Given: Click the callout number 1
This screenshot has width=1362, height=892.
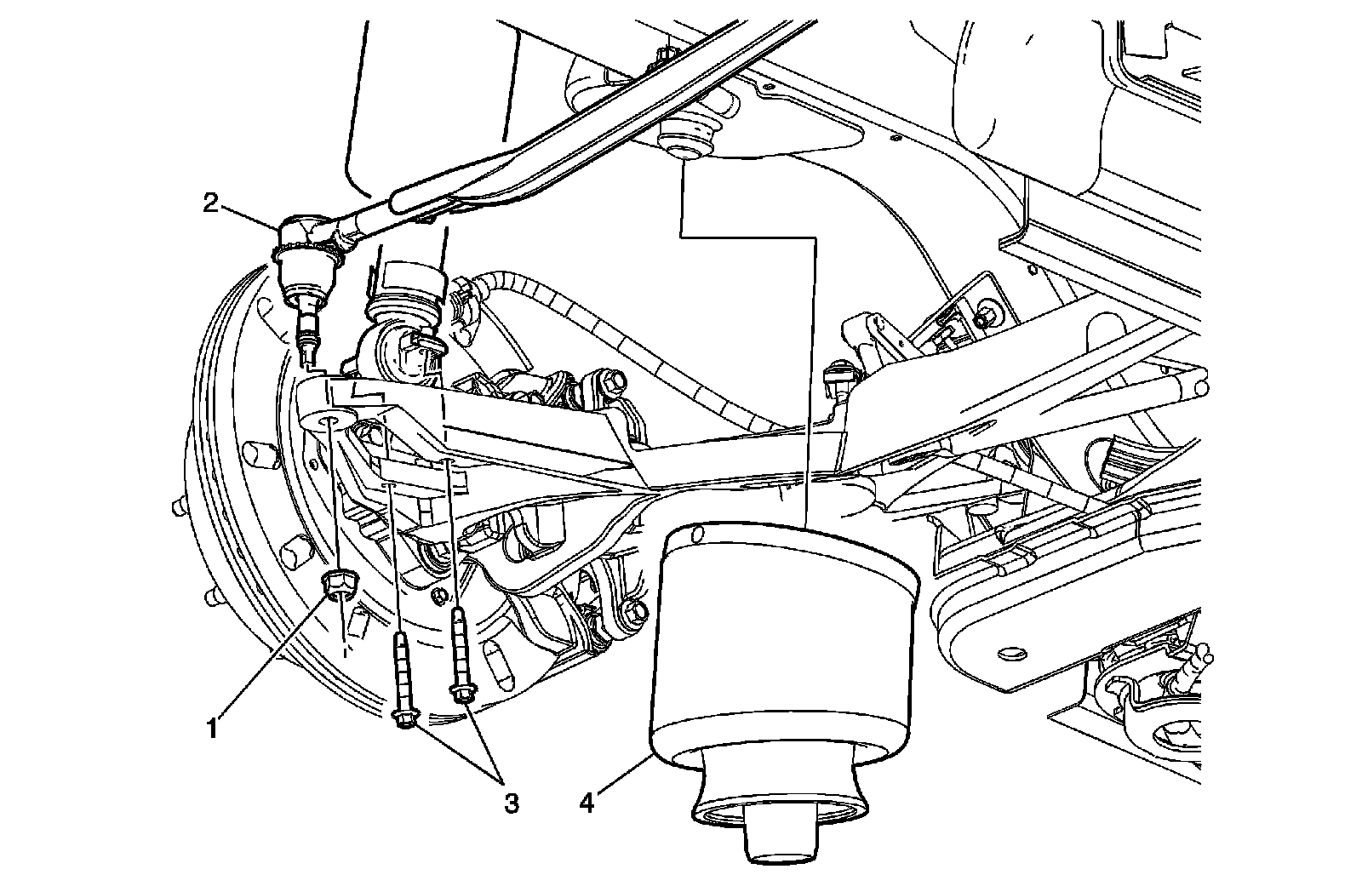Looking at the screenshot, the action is tap(215, 729).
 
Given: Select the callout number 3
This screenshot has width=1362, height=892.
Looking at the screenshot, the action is tap(510, 803).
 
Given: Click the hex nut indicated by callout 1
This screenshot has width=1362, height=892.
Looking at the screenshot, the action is tap(340, 584).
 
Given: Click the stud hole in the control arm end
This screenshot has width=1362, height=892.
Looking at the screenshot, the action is tap(329, 422).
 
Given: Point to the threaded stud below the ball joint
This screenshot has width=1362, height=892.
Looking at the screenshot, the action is tap(308, 332).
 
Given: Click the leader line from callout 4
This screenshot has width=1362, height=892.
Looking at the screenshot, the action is tap(621, 775).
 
